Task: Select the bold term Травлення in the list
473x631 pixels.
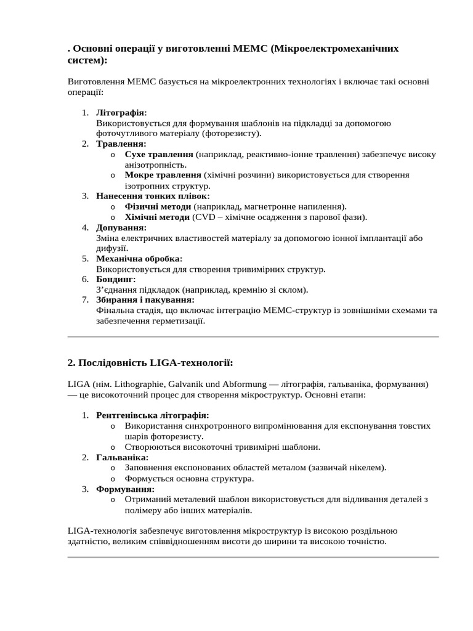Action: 121,144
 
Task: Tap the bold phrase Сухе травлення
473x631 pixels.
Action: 159,154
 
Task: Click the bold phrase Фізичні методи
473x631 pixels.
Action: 158,206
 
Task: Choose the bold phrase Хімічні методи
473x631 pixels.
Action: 157,217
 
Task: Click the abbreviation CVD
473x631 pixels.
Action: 204,217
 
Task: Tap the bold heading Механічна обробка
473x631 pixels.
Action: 139,259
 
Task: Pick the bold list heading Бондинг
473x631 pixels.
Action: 116,279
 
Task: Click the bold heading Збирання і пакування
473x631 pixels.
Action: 145,299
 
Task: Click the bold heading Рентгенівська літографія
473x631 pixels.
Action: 153,415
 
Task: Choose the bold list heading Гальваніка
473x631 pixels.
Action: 122,457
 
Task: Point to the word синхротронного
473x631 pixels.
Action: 209,426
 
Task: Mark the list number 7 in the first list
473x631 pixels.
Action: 85,299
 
